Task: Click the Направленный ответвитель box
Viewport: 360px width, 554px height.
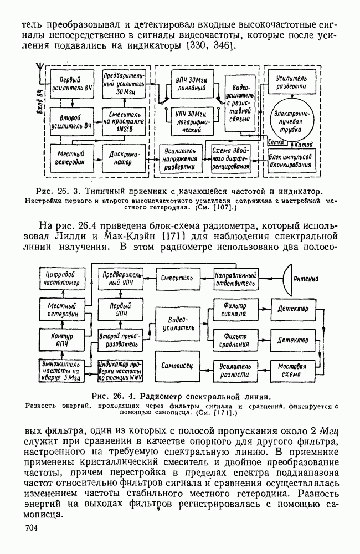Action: pyautogui.click(x=235, y=278)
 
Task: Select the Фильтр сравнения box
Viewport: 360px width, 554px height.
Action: pyautogui.click(x=234, y=339)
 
